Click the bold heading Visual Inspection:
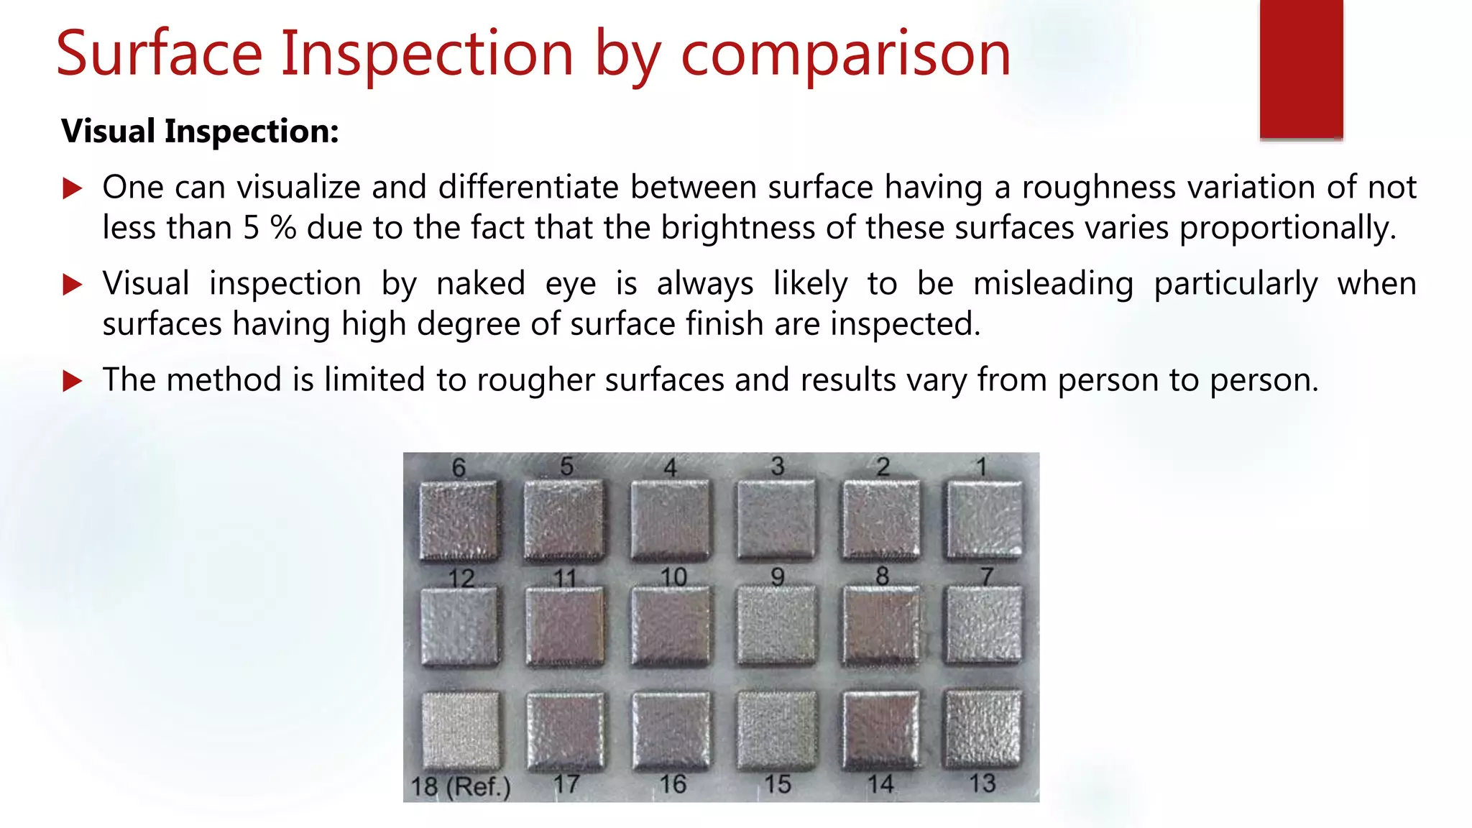[x=200, y=132]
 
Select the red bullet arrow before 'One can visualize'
[x=73, y=189]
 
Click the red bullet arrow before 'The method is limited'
[x=73, y=380]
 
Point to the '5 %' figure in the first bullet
[x=270, y=228]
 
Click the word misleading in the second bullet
[x=1053, y=283]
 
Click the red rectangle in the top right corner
[x=1301, y=69]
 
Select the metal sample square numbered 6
[x=459, y=520]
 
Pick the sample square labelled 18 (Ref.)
[x=460, y=730]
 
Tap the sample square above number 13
[x=983, y=727]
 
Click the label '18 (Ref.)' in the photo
[x=461, y=786]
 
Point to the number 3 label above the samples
[x=778, y=466]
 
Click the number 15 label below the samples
[x=778, y=784]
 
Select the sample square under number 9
[x=776, y=624]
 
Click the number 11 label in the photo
[x=565, y=578]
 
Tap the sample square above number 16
[x=671, y=729]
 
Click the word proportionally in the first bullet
[x=1287, y=228]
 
